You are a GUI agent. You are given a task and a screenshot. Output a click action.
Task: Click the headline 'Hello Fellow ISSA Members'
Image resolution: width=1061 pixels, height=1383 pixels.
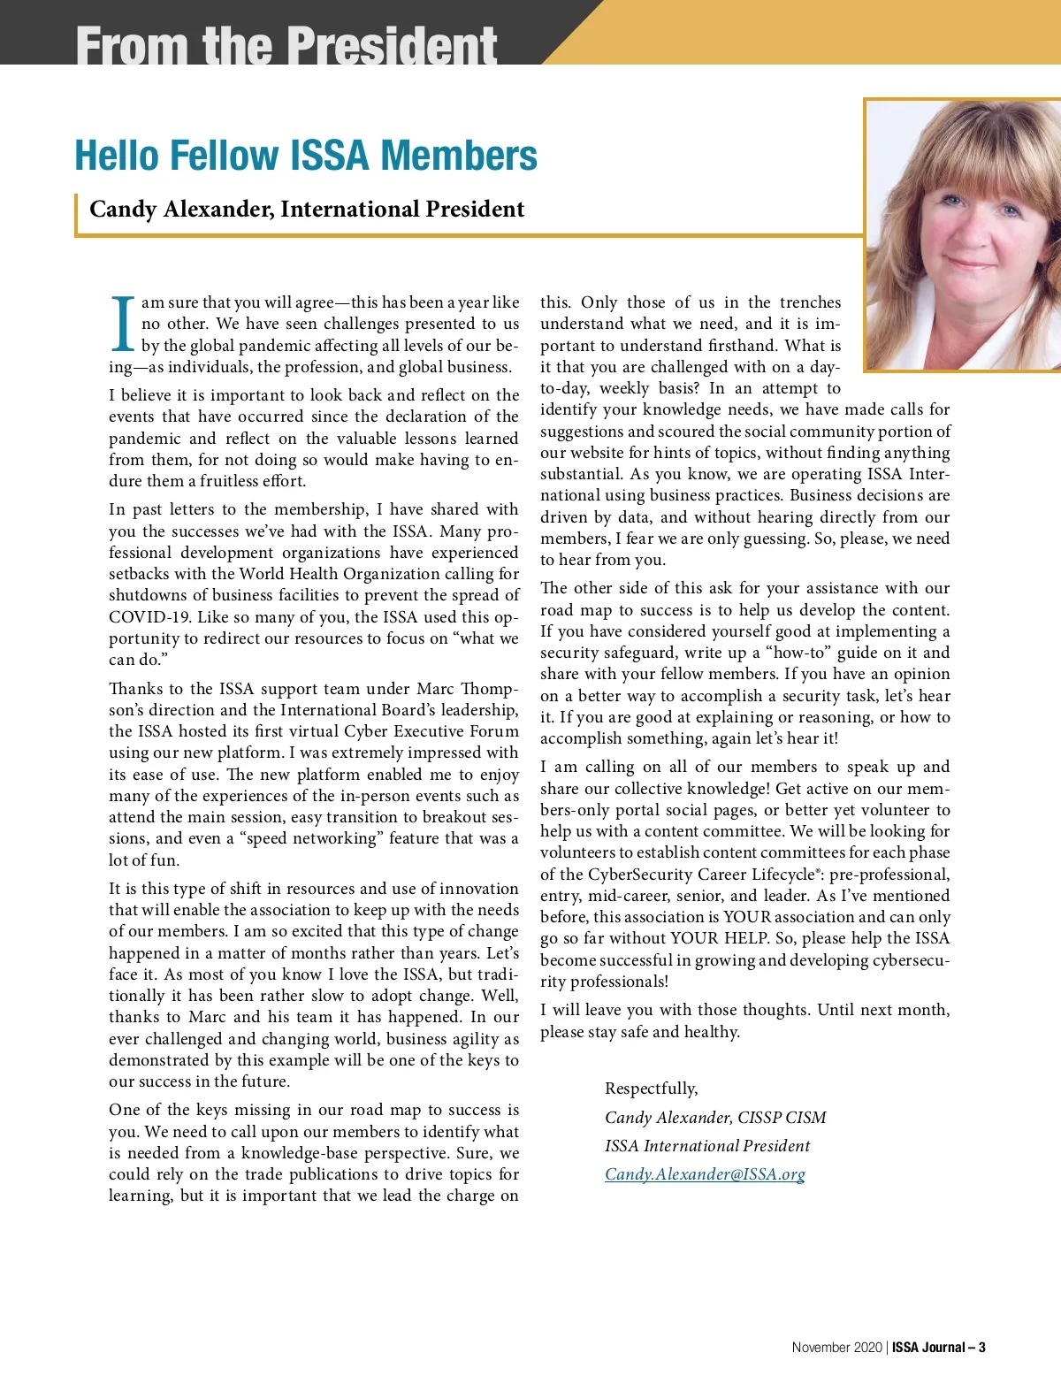click(x=306, y=156)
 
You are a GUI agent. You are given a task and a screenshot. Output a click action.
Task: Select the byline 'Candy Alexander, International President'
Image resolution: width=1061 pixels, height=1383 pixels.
click(x=307, y=210)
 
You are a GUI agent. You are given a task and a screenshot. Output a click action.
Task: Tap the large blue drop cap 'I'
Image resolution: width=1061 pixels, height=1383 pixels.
click(x=124, y=324)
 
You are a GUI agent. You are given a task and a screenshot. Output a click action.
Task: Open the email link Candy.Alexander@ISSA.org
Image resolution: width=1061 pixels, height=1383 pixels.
click(x=705, y=1174)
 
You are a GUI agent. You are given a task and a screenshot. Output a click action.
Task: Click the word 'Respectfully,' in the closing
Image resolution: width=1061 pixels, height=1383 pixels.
click(x=651, y=1089)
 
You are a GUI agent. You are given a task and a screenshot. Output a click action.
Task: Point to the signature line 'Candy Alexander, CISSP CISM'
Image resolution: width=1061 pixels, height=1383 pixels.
click(x=715, y=1118)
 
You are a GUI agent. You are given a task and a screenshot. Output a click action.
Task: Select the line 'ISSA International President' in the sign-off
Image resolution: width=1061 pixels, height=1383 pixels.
click(x=707, y=1146)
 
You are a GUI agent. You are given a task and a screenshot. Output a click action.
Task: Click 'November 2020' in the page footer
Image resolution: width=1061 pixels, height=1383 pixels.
click(x=836, y=1348)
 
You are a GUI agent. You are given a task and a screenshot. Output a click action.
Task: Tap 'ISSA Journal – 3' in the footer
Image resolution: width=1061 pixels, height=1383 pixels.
click(x=939, y=1348)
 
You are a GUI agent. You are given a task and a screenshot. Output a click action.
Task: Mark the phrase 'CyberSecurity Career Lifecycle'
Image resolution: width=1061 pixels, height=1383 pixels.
click(x=689, y=875)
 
